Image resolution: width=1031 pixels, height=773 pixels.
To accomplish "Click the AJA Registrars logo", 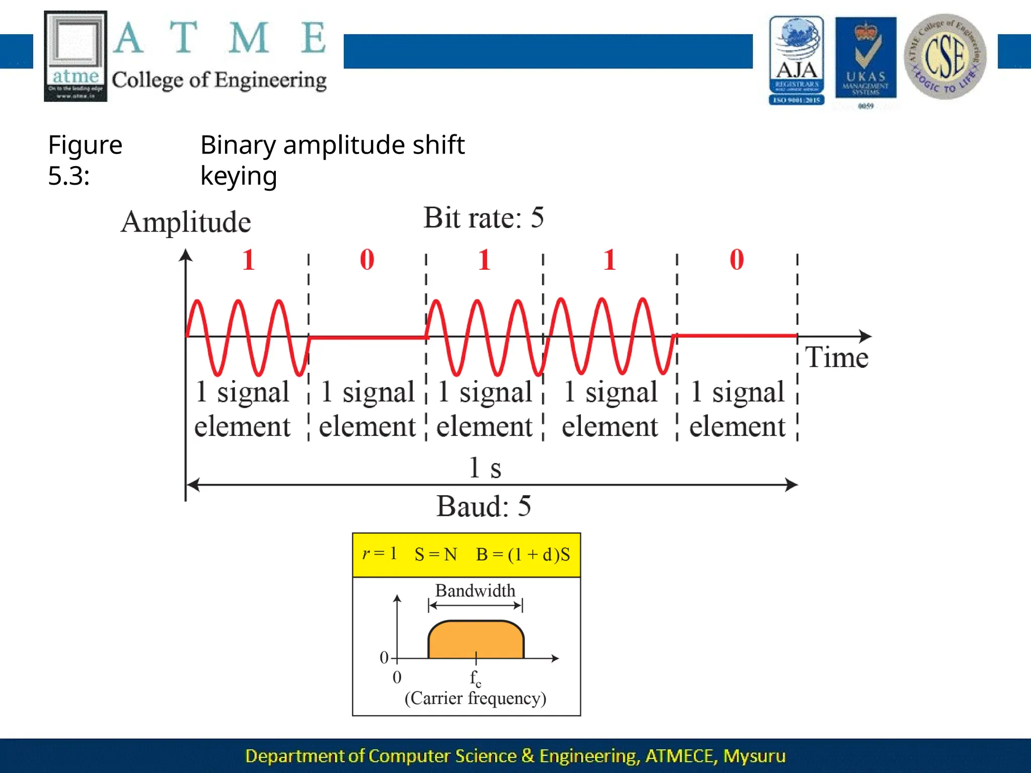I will pyautogui.click(x=796, y=60).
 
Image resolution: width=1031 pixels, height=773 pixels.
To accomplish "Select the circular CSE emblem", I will pyautogui.click(x=945, y=56).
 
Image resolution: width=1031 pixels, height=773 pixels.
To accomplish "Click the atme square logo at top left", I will pyautogui.click(x=76, y=56).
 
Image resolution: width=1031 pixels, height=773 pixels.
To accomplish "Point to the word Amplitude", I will pyautogui.click(x=186, y=222).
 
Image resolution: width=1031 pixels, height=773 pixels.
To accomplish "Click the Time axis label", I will pyautogui.click(x=837, y=358).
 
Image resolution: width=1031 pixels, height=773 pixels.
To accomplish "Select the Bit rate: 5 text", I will pyautogui.click(x=483, y=218).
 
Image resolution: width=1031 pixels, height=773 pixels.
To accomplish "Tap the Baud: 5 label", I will pyautogui.click(x=483, y=506).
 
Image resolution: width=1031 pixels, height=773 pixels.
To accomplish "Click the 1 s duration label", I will pyautogui.click(x=485, y=468).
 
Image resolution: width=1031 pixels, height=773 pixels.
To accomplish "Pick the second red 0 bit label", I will pyautogui.click(x=737, y=260).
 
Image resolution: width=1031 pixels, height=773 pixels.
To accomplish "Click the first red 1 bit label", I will pyautogui.click(x=248, y=260).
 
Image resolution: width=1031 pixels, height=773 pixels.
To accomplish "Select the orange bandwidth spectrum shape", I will pyautogui.click(x=476, y=640).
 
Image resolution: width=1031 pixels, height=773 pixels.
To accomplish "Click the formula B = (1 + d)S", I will pyautogui.click(x=523, y=555).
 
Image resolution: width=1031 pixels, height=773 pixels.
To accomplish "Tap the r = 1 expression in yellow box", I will pyautogui.click(x=380, y=554).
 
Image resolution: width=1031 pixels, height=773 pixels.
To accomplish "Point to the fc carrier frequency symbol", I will pyautogui.click(x=475, y=678).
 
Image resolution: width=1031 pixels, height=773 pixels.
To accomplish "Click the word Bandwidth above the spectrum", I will pyautogui.click(x=475, y=591).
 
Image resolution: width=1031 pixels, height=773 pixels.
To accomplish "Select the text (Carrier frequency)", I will pyautogui.click(x=475, y=699).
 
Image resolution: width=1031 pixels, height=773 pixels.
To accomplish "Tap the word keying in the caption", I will pyautogui.click(x=239, y=176).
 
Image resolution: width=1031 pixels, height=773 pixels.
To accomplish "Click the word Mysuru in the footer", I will pyautogui.click(x=754, y=756).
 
